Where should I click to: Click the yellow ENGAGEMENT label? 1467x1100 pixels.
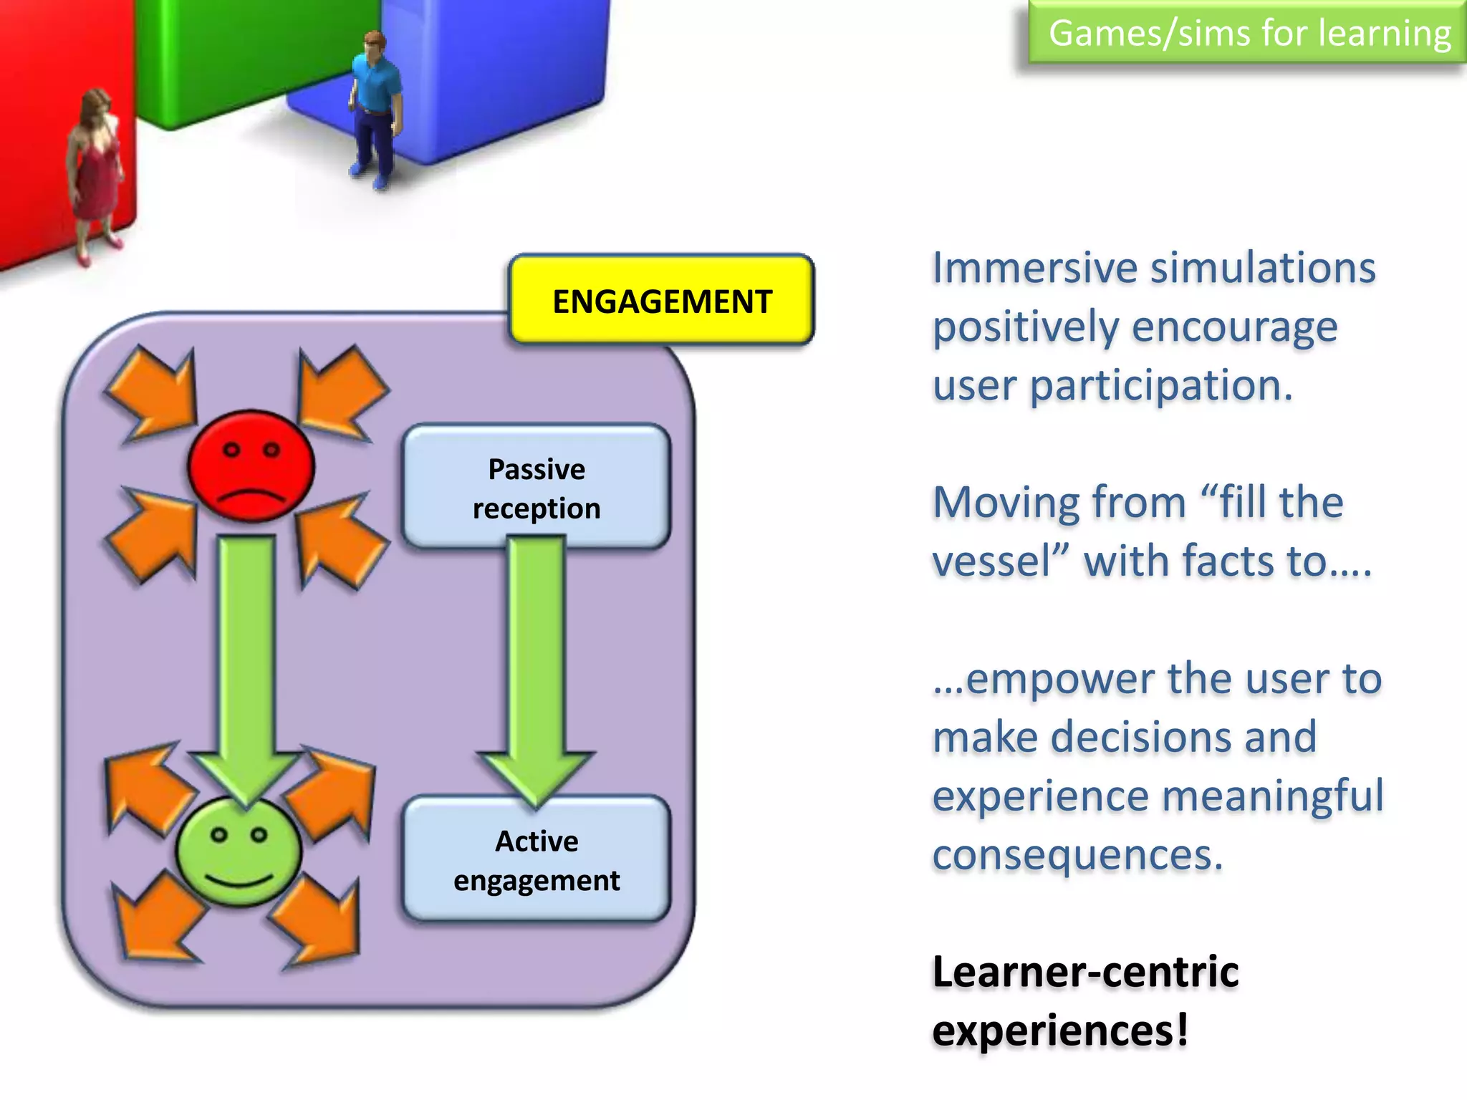pos(661,301)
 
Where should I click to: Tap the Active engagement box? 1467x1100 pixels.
pos(537,859)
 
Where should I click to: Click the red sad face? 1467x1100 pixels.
pos(251,465)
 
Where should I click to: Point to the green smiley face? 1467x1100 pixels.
pos(239,852)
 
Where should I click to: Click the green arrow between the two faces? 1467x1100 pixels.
pos(246,659)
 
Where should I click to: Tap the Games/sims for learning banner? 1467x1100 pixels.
pos(1249,33)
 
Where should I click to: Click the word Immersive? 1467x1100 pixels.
pos(1036,269)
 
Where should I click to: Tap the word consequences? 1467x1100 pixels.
pos(1077,856)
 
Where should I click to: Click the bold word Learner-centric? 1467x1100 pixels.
pos(1085,973)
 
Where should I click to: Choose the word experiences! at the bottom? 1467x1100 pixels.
pos(1060,1031)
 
